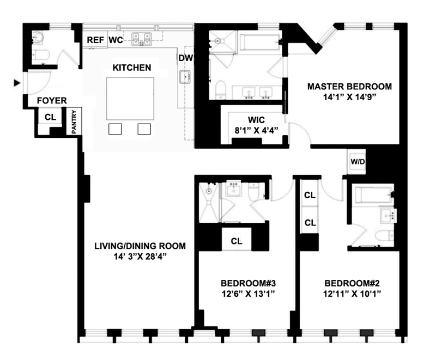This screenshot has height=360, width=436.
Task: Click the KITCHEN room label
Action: click(131, 68)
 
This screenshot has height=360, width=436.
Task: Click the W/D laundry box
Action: click(357, 161)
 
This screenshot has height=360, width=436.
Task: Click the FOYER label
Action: click(52, 101)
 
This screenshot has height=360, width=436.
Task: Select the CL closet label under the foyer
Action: click(50, 117)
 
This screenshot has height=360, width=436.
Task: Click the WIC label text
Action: click(256, 120)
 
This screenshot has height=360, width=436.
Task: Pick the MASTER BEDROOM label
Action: click(349, 87)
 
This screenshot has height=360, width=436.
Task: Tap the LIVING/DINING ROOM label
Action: click(139, 246)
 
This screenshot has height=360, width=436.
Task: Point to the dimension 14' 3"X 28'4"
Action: click(139, 257)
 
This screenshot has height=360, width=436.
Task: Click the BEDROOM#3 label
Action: click(246, 283)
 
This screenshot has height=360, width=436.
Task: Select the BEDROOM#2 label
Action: click(352, 283)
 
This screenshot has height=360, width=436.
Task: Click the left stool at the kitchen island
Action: click(115, 129)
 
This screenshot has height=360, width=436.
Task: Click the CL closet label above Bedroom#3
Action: click(237, 241)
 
